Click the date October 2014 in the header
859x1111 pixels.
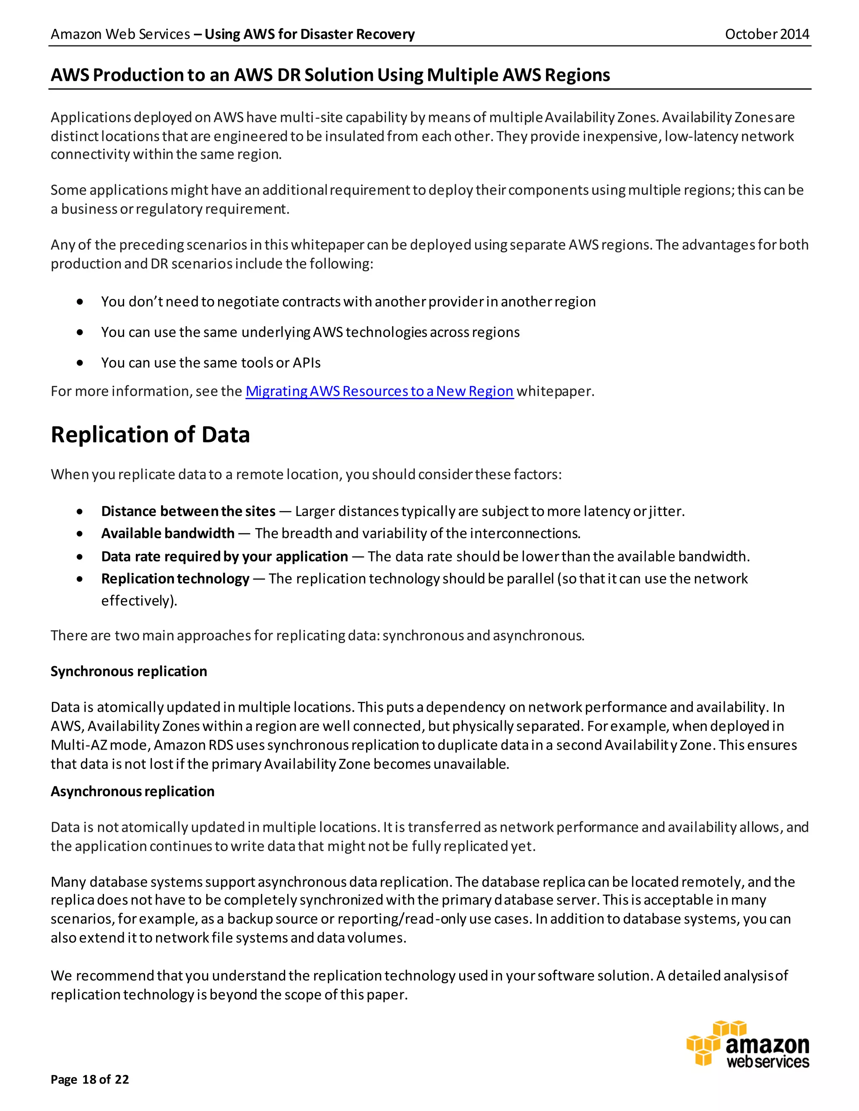[x=766, y=34]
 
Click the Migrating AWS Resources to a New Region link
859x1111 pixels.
[x=379, y=391]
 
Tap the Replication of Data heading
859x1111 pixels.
[x=150, y=435]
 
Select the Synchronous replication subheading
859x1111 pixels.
[x=129, y=672]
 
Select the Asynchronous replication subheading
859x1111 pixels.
[x=132, y=792]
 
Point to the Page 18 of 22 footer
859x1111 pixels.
[x=90, y=1080]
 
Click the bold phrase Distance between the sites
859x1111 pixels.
[x=188, y=511]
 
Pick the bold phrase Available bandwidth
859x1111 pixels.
[x=167, y=533]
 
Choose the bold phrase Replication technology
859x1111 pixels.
[x=174, y=579]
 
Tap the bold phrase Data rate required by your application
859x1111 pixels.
[x=224, y=556]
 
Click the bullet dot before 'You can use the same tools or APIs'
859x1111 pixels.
[x=80, y=363]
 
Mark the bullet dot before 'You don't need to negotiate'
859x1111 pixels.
[x=80, y=302]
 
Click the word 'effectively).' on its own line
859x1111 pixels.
[x=139, y=601]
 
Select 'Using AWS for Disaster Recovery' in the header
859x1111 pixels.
[x=310, y=34]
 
